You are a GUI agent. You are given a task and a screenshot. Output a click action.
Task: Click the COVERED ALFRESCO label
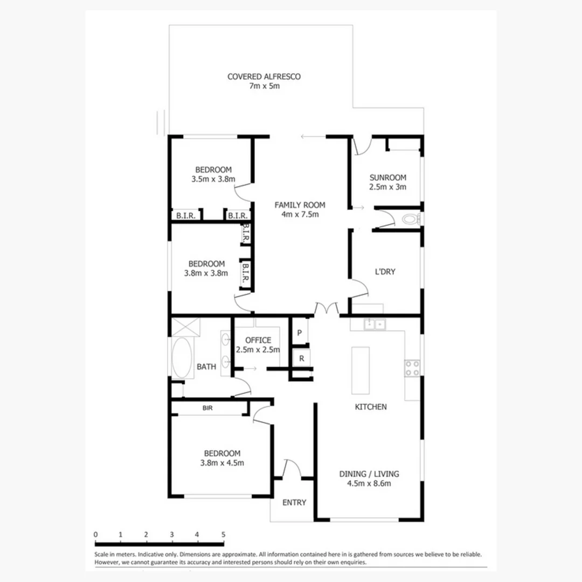pos(264,77)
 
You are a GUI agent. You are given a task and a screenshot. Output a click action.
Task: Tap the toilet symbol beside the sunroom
pos(412,219)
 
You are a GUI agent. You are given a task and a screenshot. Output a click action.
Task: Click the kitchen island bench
pos(361,370)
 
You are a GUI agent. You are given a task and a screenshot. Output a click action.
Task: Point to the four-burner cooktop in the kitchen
pos(412,369)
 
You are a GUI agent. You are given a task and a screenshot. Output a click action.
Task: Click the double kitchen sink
pos(375,324)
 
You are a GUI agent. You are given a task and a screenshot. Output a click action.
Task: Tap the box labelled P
pos(300,333)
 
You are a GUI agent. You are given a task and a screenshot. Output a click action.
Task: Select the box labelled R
pos(301,358)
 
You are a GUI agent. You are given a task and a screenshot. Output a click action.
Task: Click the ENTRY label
pos(294,502)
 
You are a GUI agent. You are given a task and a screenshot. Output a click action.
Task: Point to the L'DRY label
pos(385,272)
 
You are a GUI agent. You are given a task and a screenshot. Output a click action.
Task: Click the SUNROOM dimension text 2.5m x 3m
pos(387,188)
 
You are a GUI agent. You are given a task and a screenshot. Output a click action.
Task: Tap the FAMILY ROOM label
pos(300,205)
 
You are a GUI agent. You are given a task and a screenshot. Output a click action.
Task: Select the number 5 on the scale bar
pos(223,535)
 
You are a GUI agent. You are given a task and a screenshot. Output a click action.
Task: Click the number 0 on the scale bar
pos(95,535)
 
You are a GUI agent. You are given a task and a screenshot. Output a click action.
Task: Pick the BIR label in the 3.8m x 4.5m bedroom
pos(207,408)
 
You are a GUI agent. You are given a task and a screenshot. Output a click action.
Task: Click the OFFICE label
pos(258,340)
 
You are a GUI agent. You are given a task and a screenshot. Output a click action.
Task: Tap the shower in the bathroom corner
pos(186,327)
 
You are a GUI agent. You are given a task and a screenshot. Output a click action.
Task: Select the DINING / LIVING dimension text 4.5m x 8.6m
pos(369,483)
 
